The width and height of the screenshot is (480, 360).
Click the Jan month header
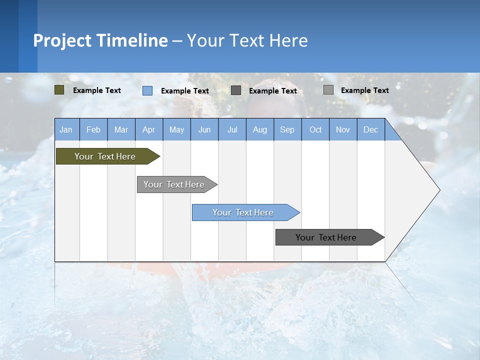click(x=66, y=129)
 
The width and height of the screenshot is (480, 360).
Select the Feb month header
click(x=93, y=129)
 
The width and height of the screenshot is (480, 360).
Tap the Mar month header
click(x=121, y=129)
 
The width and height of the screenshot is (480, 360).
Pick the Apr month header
click(x=148, y=129)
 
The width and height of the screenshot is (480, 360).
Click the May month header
click(x=176, y=129)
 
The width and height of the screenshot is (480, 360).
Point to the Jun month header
click(x=204, y=129)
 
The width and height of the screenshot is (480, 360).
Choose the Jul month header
click(x=232, y=129)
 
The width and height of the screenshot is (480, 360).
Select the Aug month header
click(x=259, y=129)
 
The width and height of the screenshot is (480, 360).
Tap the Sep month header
click(x=287, y=129)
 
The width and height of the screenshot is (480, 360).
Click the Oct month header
click(x=315, y=129)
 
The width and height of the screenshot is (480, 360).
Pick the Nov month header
click(x=343, y=129)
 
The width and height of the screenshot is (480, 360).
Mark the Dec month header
click(x=370, y=129)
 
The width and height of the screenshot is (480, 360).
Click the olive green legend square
click(x=59, y=90)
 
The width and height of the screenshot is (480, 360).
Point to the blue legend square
click(x=147, y=90)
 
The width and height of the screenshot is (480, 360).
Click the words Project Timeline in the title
click(x=100, y=40)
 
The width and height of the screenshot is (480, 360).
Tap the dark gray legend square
click(x=236, y=90)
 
